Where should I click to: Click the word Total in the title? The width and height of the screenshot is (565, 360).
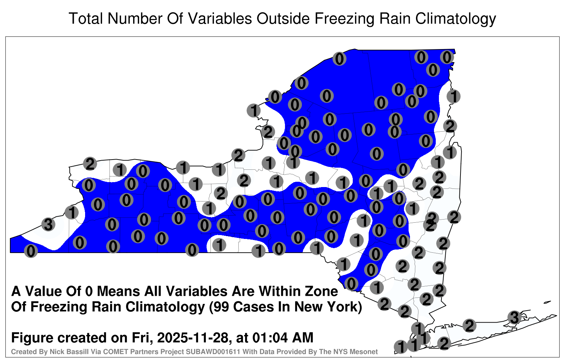point(86,18)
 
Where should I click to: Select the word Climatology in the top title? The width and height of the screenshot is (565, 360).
point(456,19)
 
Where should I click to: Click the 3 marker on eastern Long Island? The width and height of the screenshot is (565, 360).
point(514,317)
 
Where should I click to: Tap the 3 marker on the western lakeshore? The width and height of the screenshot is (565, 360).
point(48,224)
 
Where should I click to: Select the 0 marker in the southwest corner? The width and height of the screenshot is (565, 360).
point(31,251)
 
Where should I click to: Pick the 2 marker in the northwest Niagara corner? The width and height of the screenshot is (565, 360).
point(90,164)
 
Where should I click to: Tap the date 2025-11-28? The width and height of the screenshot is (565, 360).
point(192,338)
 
